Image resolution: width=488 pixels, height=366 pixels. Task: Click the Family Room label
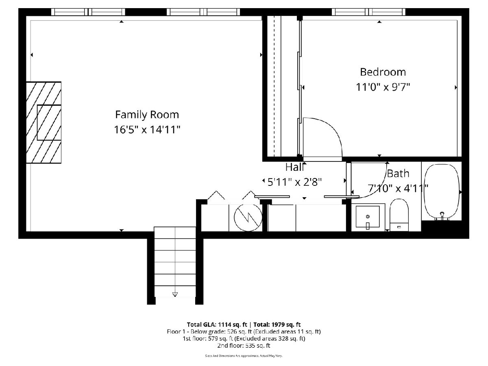pos(147,115)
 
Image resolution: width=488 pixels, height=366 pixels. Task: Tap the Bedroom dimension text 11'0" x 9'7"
pos(383,87)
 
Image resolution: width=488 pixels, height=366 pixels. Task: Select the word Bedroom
pos(383,72)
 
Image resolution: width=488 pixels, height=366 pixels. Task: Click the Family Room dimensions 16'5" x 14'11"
pos(147,130)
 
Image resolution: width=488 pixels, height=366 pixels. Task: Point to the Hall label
pos(294,167)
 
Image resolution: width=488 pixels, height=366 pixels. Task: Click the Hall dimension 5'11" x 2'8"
pos(294,182)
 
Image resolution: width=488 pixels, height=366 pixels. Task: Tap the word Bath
pos(398,174)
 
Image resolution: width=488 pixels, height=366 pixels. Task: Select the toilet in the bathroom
pos(399,215)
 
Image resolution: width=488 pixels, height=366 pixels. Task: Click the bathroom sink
pos(368,217)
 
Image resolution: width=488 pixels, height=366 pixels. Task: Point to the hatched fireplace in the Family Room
pos(44,122)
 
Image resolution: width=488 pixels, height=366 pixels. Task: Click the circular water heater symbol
pos(248,218)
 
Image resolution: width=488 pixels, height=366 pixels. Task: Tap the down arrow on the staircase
pos(175,294)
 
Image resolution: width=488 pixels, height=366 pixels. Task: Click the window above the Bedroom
pos(368,12)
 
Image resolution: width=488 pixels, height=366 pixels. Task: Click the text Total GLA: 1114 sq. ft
pos(217,325)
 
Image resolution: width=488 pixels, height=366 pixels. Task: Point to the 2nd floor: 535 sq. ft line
pos(244,346)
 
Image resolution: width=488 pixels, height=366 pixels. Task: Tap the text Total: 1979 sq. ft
pos(277,325)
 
